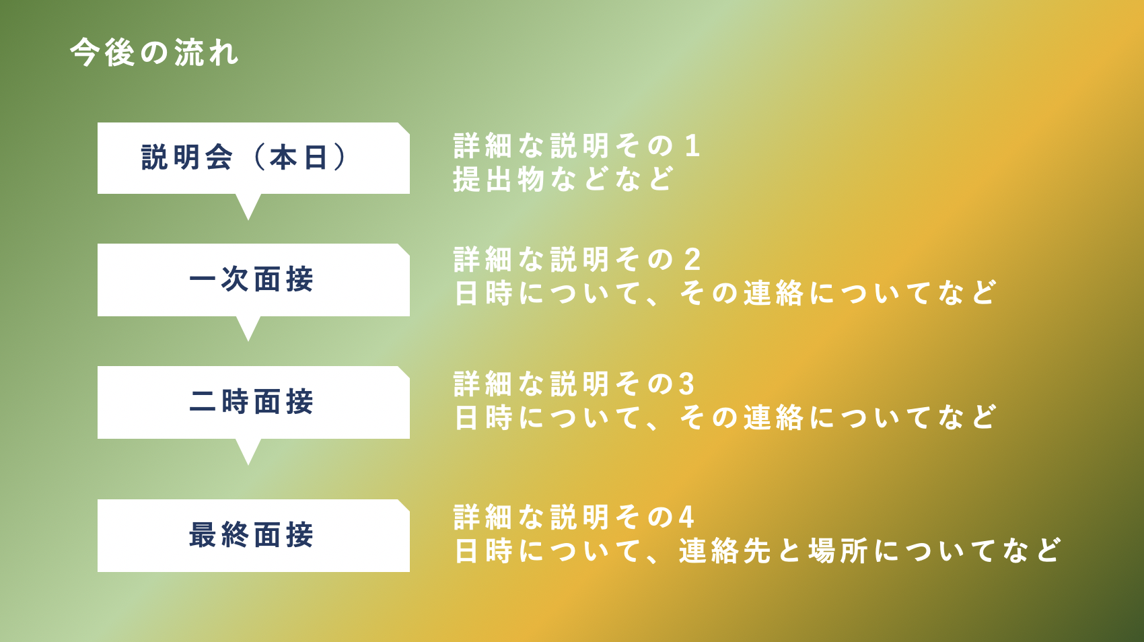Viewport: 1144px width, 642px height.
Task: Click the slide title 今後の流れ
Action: [154, 52]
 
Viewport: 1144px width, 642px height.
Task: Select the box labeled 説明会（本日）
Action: [253, 158]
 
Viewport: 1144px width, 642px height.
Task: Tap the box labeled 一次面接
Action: [253, 280]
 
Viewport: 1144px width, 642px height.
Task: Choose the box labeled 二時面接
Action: [253, 402]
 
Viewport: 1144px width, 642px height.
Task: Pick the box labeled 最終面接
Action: [253, 535]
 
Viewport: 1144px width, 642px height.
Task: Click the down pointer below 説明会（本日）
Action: [248, 205]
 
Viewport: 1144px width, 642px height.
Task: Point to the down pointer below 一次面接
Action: [248, 327]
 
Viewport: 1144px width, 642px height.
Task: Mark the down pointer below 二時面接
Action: [248, 450]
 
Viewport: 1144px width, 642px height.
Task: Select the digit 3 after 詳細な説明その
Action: [686, 384]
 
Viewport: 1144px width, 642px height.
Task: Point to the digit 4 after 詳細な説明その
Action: [686, 517]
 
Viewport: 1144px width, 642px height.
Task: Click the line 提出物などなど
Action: [563, 179]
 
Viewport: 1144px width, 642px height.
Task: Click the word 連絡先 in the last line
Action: [725, 550]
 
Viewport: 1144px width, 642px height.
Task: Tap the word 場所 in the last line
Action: [838, 550]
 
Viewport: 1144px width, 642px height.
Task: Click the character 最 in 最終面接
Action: [203, 535]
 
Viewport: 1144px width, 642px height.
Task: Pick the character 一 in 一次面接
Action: [203, 279]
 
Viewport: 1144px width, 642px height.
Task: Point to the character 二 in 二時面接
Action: [203, 402]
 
